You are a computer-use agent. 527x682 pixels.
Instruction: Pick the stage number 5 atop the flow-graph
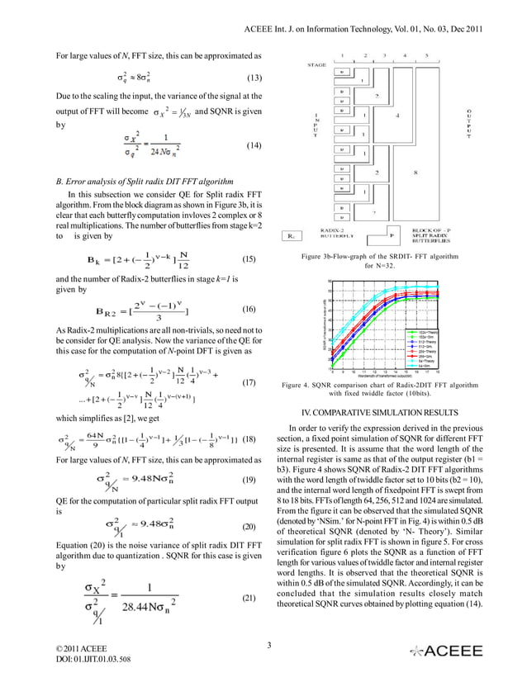(x=426, y=54)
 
